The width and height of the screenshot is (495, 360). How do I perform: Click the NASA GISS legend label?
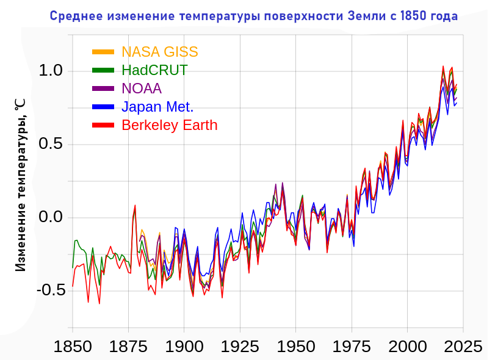point(159,52)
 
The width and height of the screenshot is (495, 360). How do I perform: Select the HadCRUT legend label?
point(154,70)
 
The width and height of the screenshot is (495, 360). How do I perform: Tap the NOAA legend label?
point(142,88)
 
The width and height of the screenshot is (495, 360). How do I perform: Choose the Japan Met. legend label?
point(157,107)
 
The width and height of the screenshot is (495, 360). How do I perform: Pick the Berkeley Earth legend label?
point(170,125)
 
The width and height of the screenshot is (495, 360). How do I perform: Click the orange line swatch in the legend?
point(103,52)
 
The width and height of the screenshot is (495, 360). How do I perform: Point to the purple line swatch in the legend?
point(103,88)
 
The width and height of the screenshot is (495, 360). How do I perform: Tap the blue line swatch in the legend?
point(103,107)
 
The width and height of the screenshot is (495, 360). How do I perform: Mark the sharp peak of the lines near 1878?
point(135,206)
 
